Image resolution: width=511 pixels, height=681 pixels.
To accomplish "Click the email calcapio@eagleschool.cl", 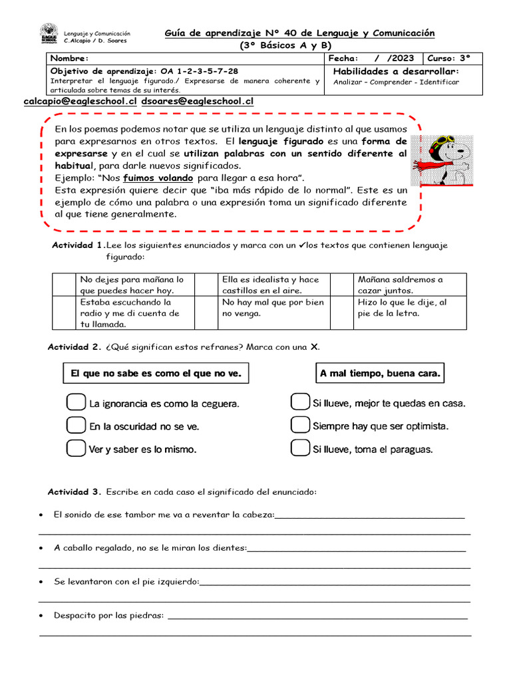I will tap(80, 101).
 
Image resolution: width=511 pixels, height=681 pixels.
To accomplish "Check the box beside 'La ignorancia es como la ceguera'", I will tap(76, 403).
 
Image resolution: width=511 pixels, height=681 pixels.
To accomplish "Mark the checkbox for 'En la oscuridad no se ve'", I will tap(76, 426).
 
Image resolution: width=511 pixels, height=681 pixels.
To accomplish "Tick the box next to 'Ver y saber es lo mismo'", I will tap(76, 449).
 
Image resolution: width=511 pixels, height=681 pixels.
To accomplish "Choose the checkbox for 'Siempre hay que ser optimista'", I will tap(301, 426).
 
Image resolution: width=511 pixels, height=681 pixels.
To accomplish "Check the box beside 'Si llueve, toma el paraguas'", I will tap(301, 449).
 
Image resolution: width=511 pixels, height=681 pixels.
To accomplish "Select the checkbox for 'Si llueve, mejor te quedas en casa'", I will tap(301, 403).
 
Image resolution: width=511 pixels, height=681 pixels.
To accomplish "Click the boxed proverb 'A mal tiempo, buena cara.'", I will tap(380, 374).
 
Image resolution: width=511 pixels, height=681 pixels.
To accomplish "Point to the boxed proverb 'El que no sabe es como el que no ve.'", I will tap(156, 374).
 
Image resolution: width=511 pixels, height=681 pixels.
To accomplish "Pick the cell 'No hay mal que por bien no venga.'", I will tap(273, 307).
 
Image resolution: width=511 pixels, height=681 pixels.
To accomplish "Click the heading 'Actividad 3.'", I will tap(74, 492).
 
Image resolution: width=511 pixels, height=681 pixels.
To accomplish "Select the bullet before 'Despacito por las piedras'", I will tap(42, 616).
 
